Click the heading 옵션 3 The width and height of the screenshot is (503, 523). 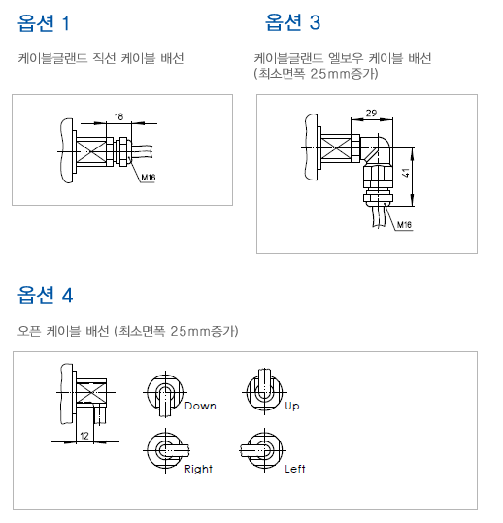point(292,21)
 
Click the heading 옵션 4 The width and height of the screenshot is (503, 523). point(45,295)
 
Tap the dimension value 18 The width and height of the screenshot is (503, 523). point(118,116)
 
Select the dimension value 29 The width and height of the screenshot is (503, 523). point(372,114)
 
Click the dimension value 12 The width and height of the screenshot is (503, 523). point(84,437)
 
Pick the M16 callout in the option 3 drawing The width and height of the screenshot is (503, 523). point(405,225)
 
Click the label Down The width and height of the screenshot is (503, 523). point(200,406)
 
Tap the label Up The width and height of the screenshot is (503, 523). point(292,406)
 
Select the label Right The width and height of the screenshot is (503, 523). point(198,469)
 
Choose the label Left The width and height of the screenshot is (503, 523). point(295,469)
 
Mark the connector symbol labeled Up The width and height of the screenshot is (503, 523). point(260,388)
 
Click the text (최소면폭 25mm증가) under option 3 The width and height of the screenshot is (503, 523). point(316,73)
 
